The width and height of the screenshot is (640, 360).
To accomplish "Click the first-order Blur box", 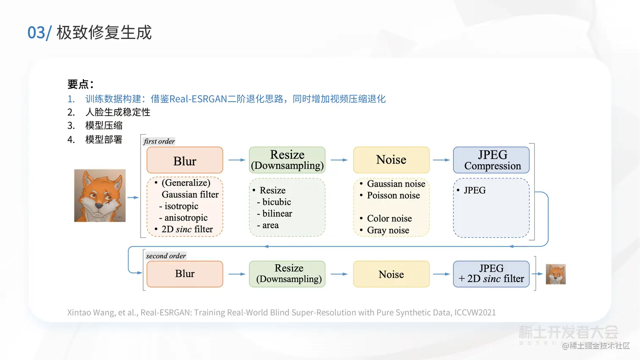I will coord(185,160).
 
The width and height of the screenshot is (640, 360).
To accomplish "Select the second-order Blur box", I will coord(185,274).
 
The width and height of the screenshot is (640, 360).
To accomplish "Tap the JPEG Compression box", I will coord(491,160).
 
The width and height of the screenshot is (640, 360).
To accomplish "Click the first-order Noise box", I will coord(391,160).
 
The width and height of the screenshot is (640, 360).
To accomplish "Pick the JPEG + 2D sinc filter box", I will coord(491,274).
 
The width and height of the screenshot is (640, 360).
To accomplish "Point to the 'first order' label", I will coord(159,141).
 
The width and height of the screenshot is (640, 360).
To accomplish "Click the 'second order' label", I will coord(166,256).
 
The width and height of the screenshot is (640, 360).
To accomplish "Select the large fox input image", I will coord(100,196).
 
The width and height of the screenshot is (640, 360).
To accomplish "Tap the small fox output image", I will coord(556,274).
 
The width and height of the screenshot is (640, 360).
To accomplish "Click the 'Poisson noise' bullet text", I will coord(393,195).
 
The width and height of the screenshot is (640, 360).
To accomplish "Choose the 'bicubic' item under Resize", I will coord(276,202).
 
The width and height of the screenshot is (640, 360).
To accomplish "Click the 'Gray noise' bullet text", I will coord(388,230).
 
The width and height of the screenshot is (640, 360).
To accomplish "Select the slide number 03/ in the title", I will coord(39,33).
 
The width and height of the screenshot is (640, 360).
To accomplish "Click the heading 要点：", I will coord(80,84).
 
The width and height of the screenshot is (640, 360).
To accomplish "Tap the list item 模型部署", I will coord(104,139).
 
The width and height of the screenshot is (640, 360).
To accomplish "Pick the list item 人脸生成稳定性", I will coord(118,112).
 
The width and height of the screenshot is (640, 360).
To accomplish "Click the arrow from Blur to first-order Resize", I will coord(237,160).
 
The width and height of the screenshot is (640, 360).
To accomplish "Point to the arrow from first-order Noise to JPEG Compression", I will coord(441,160).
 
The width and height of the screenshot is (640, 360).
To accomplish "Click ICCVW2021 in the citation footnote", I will coord(474,313).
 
